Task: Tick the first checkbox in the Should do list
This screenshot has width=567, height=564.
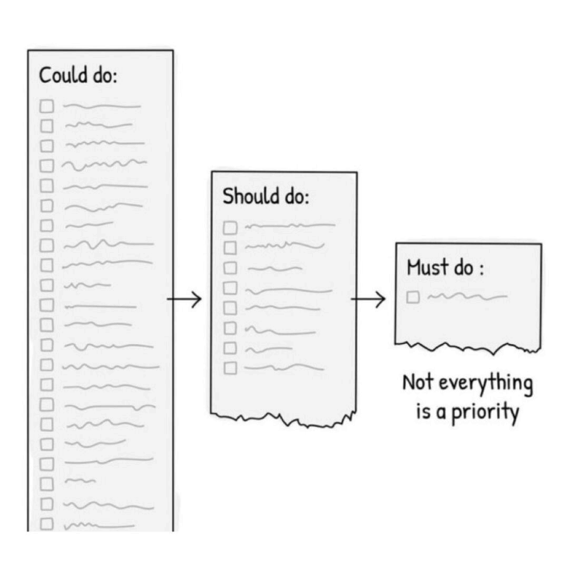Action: pos(230,228)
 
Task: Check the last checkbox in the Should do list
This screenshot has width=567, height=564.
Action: pos(230,368)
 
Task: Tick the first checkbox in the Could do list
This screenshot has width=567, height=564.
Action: pos(47,106)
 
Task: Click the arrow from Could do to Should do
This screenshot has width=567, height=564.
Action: pos(184,300)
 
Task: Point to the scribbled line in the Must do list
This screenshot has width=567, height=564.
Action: pos(467,297)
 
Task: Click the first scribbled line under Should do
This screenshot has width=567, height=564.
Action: pos(290,226)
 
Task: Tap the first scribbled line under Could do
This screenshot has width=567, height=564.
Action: pos(102,106)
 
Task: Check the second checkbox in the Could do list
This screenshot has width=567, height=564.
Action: pos(47,126)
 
